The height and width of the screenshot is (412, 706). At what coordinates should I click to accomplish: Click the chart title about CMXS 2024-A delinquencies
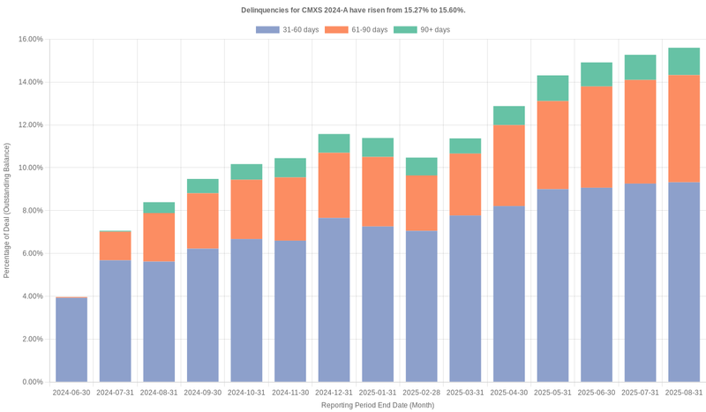[x=353, y=10]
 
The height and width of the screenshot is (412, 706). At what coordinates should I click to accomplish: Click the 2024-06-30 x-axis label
[x=71, y=392]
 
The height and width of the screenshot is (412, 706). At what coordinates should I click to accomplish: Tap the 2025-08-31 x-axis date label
[x=684, y=392]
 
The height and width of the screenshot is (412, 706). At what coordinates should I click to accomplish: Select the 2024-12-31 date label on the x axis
[x=334, y=392]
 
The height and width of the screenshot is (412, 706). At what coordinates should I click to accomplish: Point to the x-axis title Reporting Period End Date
[x=377, y=405]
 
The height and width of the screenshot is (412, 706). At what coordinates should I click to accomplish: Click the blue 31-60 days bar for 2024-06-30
[x=71, y=340]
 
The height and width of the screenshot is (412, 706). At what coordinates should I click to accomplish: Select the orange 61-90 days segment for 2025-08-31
[x=684, y=129]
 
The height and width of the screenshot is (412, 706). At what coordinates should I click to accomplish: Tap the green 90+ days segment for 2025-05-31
[x=552, y=88]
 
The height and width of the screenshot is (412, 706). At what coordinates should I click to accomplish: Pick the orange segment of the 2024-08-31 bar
[x=159, y=237]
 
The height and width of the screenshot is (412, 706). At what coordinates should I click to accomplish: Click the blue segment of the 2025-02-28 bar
[x=421, y=306]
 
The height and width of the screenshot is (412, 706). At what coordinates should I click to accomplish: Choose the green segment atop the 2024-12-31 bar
[x=334, y=143]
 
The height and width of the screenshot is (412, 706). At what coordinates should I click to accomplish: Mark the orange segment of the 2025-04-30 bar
[x=508, y=165]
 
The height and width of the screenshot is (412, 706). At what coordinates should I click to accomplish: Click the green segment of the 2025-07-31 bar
[x=640, y=67]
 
